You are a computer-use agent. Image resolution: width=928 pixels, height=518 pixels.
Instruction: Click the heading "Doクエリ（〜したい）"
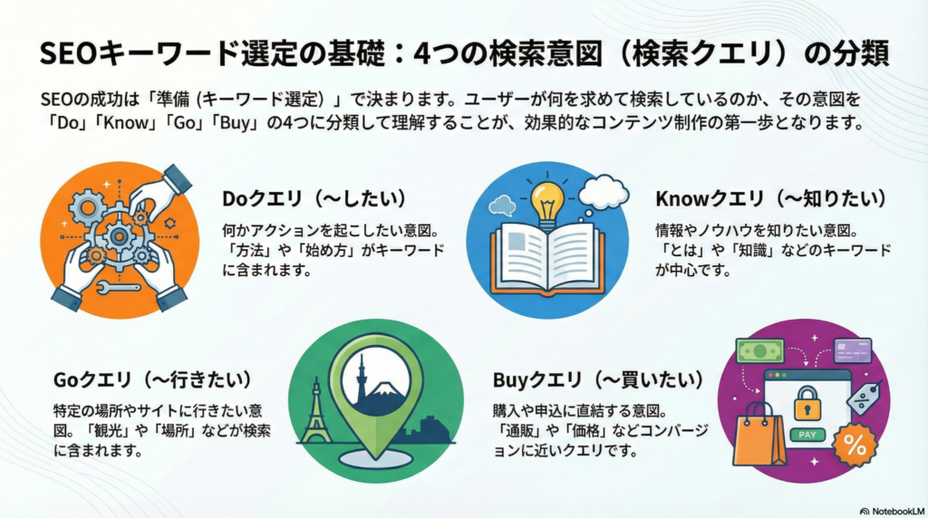314,198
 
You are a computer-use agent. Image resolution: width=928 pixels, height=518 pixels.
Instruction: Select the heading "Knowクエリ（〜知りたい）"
772,198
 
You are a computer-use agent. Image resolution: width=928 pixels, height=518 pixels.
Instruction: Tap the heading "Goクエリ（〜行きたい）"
152,379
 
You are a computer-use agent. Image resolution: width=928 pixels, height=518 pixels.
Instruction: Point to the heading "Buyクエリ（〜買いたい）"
599,379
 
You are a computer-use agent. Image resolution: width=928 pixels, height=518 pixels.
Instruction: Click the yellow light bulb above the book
546,202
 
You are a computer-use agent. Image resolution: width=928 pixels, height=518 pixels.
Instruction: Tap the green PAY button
807,435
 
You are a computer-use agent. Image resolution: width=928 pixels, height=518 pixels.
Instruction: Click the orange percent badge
855,445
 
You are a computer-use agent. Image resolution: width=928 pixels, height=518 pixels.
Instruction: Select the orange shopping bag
759,434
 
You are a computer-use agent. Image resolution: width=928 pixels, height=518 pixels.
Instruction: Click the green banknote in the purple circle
760,351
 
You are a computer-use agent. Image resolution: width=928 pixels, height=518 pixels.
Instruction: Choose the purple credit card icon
852,350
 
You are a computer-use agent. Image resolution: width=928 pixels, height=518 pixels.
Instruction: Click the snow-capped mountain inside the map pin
384,390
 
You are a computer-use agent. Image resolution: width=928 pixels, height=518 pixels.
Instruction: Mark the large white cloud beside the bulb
603,193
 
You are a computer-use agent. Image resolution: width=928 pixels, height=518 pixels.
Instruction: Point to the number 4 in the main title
422,54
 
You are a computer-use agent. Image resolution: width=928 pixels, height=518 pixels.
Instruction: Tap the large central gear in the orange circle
119,236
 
